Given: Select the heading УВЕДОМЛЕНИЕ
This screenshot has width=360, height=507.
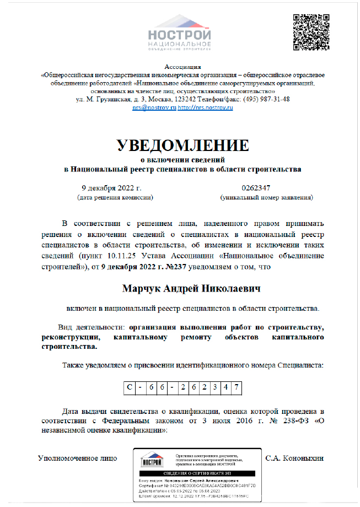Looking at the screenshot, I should (182, 145).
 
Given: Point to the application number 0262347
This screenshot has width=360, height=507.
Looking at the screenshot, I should (256, 187).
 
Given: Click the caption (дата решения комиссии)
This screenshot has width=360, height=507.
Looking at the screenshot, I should (115, 197).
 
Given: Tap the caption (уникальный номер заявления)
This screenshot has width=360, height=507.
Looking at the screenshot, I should (266, 197).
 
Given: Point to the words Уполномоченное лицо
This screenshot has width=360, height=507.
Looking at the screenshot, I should (77, 458).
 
